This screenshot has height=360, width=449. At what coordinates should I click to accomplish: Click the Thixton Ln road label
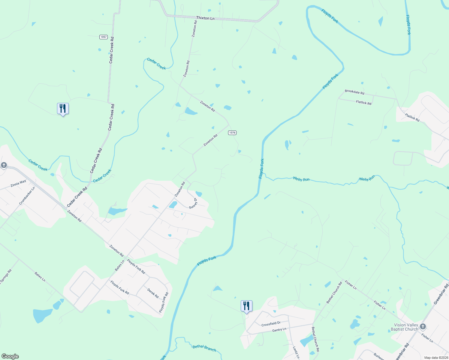[205, 18]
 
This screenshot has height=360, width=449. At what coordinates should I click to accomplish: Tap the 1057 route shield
[104, 37]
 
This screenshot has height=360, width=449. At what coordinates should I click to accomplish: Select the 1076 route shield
[232, 133]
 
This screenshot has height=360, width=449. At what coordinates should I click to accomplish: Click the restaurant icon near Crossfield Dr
[246, 306]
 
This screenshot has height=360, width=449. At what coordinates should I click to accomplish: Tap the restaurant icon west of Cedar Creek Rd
[63, 109]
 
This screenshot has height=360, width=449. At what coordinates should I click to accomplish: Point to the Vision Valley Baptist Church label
[404, 327]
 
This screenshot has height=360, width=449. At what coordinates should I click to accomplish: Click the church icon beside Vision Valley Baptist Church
[423, 326]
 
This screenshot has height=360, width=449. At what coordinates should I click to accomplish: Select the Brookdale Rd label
[354, 92]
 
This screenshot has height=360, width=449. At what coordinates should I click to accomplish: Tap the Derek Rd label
[153, 293]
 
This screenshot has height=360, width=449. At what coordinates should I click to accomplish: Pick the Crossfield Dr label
[271, 324]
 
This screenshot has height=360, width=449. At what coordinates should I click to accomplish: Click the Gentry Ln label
[279, 329]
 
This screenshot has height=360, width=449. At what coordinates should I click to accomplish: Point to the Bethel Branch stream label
[204, 348]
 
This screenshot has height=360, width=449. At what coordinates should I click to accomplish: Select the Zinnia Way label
[18, 183]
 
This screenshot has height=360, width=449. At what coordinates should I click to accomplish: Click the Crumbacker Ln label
[27, 196]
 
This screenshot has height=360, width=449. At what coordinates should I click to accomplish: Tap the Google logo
[10, 356]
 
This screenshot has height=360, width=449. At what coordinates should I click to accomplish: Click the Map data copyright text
[436, 358]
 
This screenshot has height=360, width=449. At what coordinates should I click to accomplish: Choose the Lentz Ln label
[296, 352]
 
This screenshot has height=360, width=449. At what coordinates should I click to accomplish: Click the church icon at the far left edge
[4, 165]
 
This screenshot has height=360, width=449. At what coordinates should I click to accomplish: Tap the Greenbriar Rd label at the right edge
[441, 294]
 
